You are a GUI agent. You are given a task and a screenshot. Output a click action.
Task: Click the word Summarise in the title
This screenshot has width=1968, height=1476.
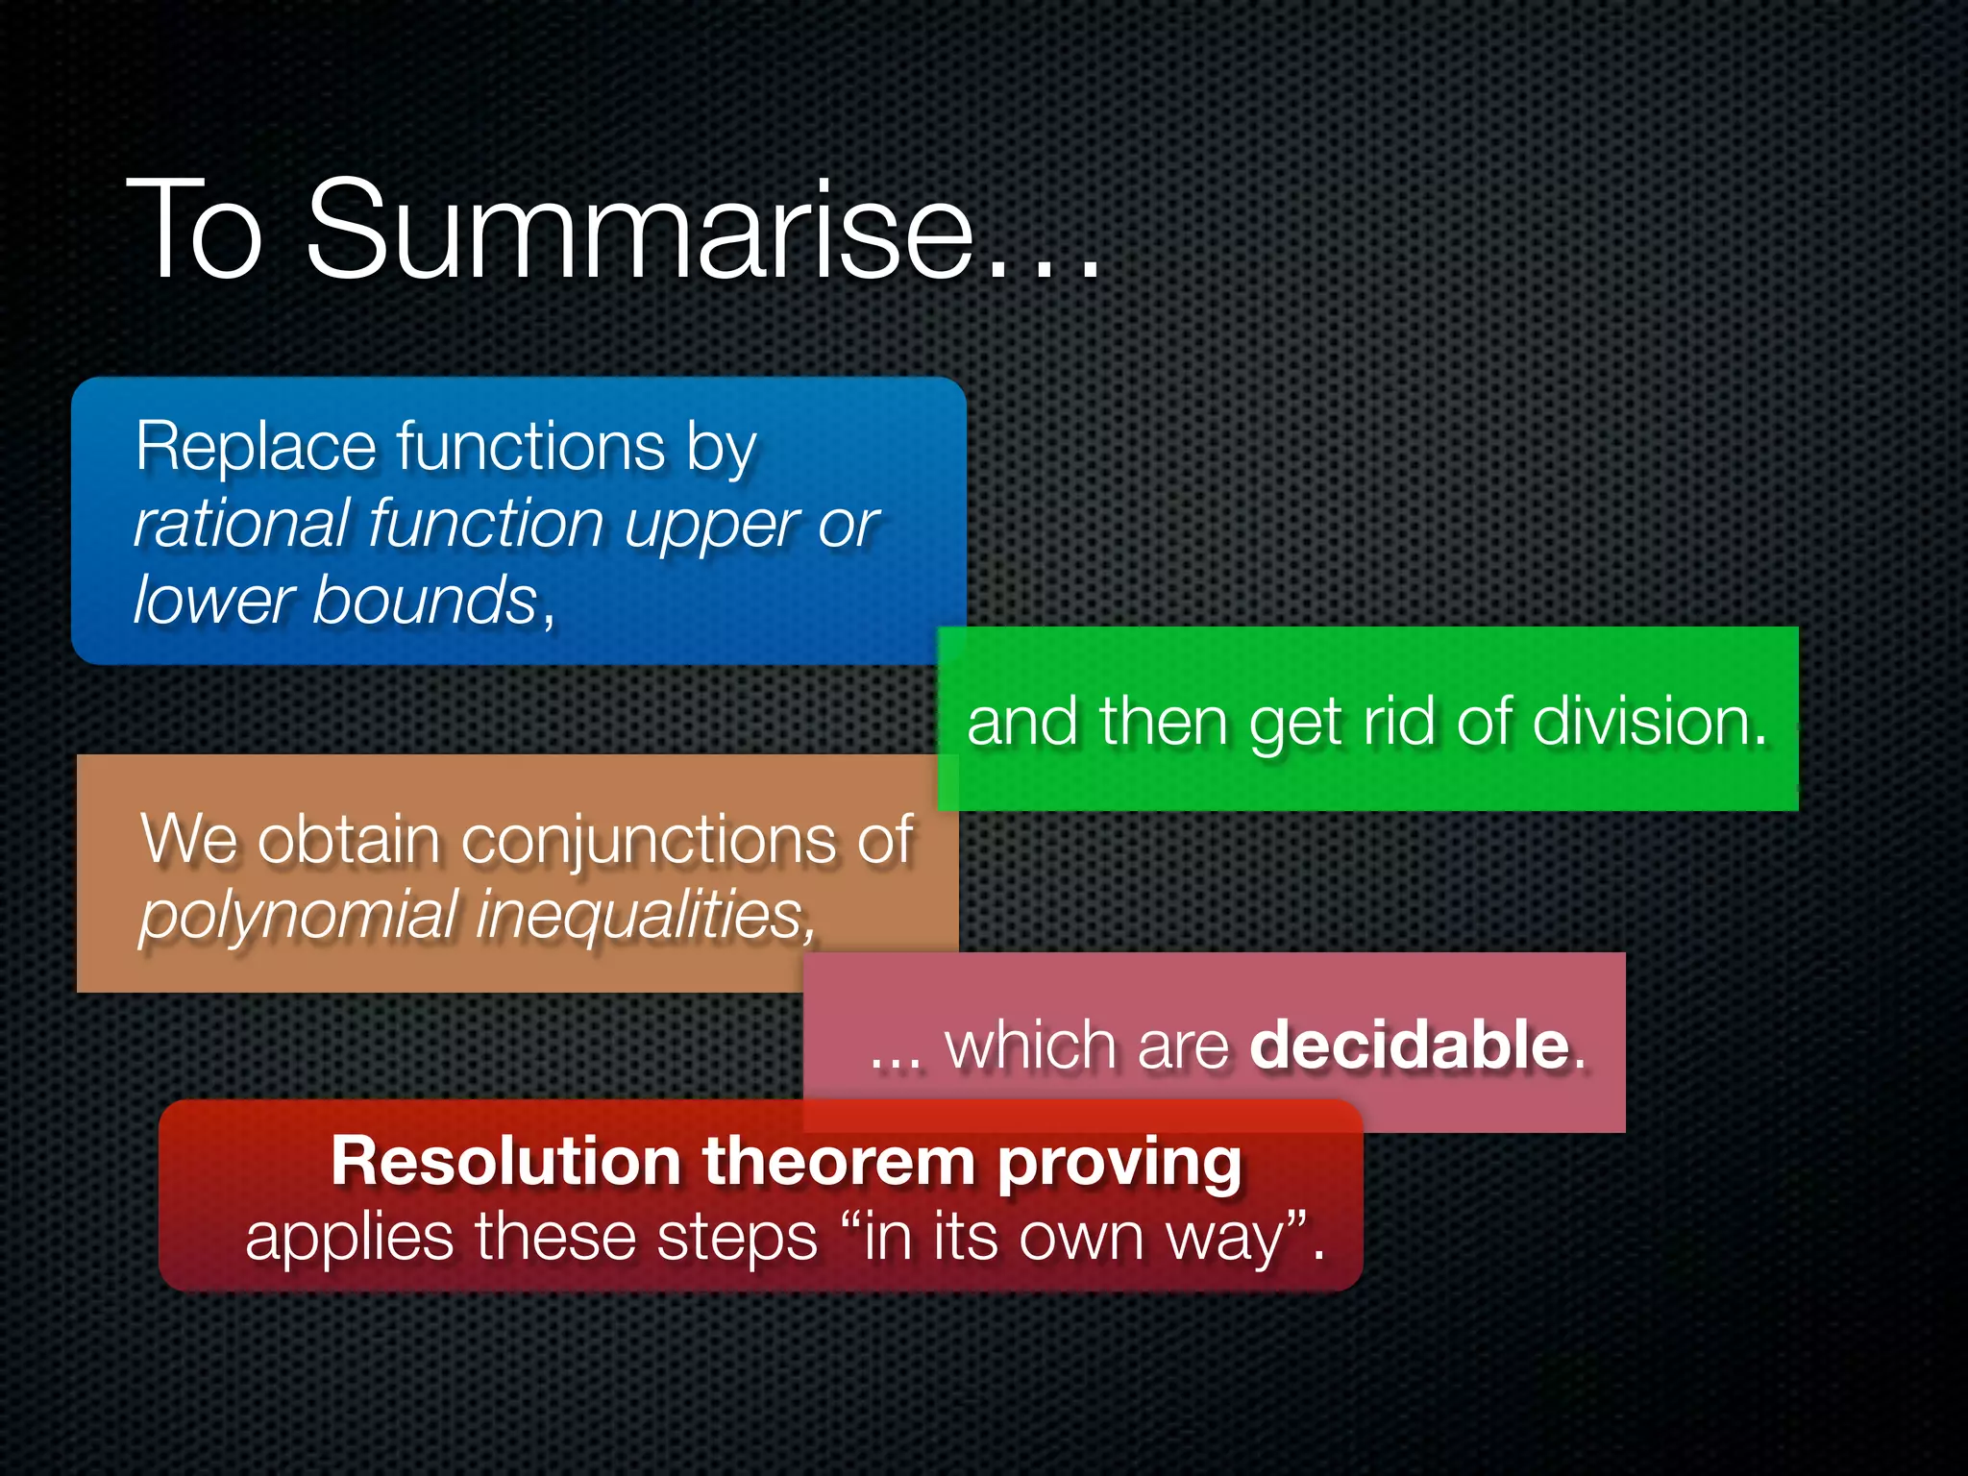639,231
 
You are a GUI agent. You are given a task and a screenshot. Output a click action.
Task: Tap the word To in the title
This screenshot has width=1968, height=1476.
195,231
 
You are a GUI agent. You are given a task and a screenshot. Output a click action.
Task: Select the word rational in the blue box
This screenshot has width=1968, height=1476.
241,525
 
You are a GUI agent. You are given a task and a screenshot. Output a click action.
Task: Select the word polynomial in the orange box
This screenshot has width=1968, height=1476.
298,915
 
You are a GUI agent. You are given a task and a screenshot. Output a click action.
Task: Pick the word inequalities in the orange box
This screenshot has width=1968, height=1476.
642,915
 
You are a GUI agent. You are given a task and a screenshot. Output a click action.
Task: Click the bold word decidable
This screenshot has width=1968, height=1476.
1409,1045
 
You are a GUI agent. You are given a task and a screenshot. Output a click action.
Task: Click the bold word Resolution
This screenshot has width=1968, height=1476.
506,1162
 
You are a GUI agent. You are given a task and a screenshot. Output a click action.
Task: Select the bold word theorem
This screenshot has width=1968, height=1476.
839,1162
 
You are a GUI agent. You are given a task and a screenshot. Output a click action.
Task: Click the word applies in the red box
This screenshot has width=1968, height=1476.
349,1239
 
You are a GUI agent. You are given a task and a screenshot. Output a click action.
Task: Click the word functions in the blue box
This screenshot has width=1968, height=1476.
530,448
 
